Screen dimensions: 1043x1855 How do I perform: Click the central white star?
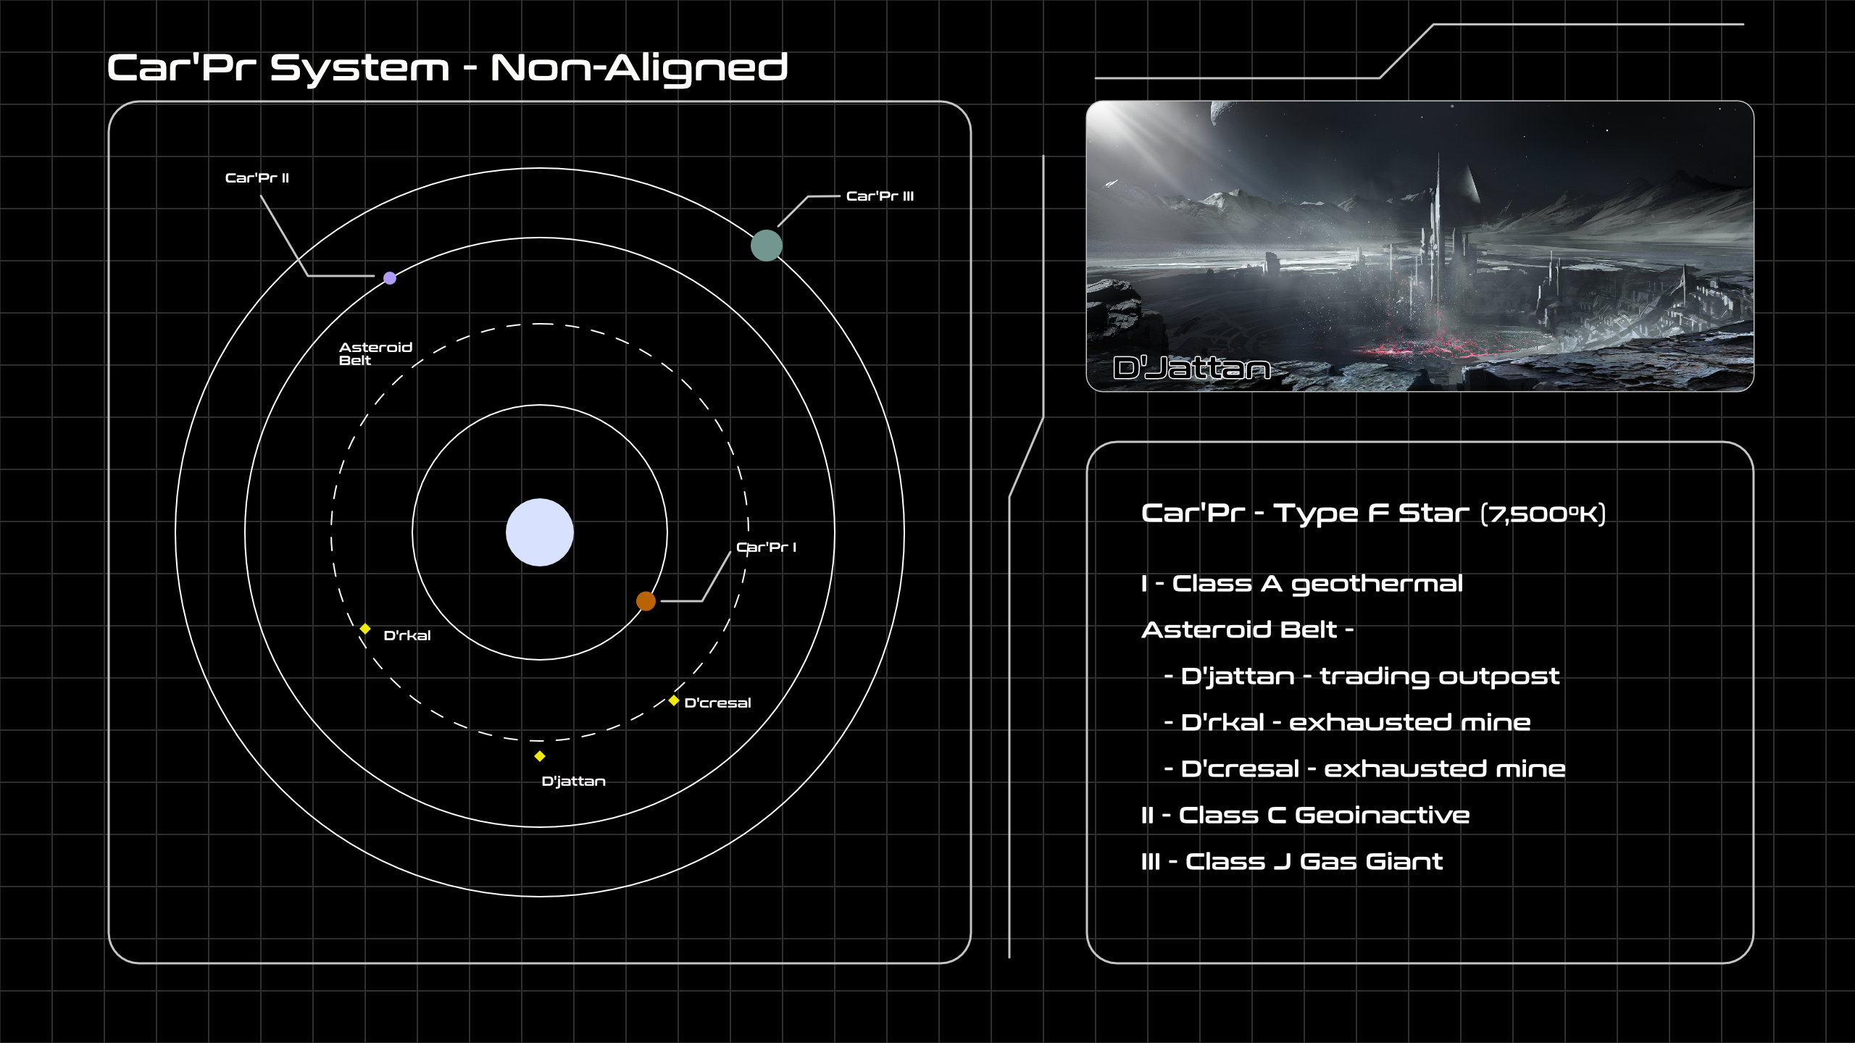pos(540,532)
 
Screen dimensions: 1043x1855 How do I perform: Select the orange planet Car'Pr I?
pos(646,601)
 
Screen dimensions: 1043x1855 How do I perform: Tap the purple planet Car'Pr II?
pos(390,278)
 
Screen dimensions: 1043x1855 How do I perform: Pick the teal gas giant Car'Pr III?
pos(766,246)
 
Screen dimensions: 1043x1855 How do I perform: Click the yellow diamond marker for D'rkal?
pos(365,629)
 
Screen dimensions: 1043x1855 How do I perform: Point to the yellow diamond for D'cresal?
pos(674,700)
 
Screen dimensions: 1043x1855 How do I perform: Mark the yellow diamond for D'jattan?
pos(540,756)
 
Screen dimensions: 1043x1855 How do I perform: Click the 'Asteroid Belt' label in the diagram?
pos(375,353)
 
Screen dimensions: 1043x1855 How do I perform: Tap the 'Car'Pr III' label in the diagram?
pos(880,196)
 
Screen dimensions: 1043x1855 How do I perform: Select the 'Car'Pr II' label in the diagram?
pos(257,178)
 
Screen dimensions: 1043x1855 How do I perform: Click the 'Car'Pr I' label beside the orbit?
pos(766,548)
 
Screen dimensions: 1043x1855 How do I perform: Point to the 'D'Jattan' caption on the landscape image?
pos(1191,369)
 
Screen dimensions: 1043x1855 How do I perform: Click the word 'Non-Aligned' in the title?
pos(638,69)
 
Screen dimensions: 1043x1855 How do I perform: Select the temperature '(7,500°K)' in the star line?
pos(1543,514)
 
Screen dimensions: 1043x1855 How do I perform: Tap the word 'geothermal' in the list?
pos(1377,585)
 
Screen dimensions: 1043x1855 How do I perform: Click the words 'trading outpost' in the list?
pos(1439,677)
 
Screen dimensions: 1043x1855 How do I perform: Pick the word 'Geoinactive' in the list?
pos(1382,816)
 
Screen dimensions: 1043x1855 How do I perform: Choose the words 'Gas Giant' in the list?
pos(1371,862)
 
